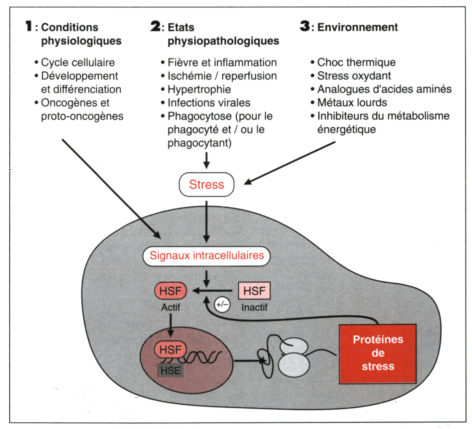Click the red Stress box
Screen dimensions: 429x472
click(206, 184)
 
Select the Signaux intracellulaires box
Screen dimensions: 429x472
click(206, 256)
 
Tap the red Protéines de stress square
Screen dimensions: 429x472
click(378, 353)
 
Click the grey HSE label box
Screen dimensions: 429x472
click(170, 371)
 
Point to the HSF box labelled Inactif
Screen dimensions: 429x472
click(254, 291)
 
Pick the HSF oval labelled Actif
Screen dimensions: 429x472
click(170, 291)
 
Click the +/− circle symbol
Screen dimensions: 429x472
click(222, 304)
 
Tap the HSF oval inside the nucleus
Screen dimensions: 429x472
click(170, 350)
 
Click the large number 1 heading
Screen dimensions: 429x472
click(29, 26)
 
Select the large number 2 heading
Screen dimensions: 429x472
click(155, 26)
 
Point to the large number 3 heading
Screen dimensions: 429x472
click(305, 26)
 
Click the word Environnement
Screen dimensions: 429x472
click(357, 27)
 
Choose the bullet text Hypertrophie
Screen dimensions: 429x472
click(199, 89)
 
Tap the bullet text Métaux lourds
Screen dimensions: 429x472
click(352, 103)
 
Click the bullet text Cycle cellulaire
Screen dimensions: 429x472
click(78, 62)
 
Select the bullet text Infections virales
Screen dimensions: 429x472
click(209, 103)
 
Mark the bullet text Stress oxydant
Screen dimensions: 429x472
click(354, 76)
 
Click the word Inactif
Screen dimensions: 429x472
click(254, 307)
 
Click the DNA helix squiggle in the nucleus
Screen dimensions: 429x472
click(204, 357)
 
